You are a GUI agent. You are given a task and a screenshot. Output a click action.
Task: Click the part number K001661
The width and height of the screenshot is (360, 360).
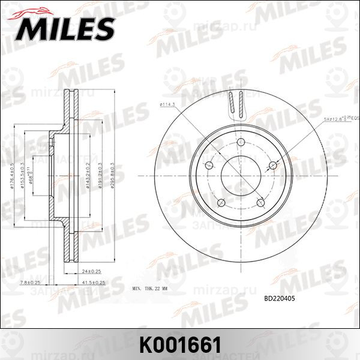tap(180, 344)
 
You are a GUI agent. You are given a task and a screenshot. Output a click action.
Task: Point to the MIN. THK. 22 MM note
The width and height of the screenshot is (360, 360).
tap(157, 289)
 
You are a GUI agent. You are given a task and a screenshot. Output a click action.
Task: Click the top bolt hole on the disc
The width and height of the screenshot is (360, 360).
tap(241, 142)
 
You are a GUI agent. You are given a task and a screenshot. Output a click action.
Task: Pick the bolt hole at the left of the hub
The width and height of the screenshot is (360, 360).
tap(209, 166)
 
